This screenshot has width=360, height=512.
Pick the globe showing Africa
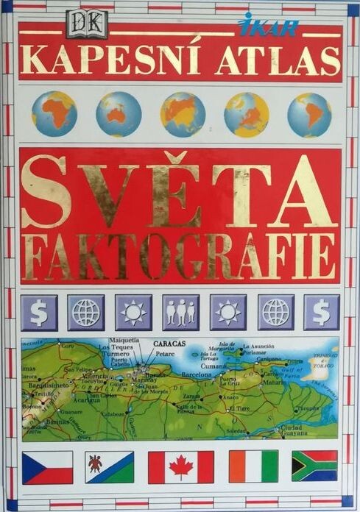tap(54, 114)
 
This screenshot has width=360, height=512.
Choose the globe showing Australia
tap(119, 114)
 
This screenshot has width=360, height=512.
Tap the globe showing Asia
tap(183, 114)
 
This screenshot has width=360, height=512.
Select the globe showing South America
tap(310, 114)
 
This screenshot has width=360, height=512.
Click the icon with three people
tap(180, 312)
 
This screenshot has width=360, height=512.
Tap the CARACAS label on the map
tap(170, 344)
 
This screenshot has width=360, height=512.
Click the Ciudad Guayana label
tap(303, 430)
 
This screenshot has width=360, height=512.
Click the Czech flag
tap(47, 467)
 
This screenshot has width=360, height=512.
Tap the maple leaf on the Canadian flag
tap(181, 467)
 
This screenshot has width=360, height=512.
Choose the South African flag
tap(314, 466)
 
